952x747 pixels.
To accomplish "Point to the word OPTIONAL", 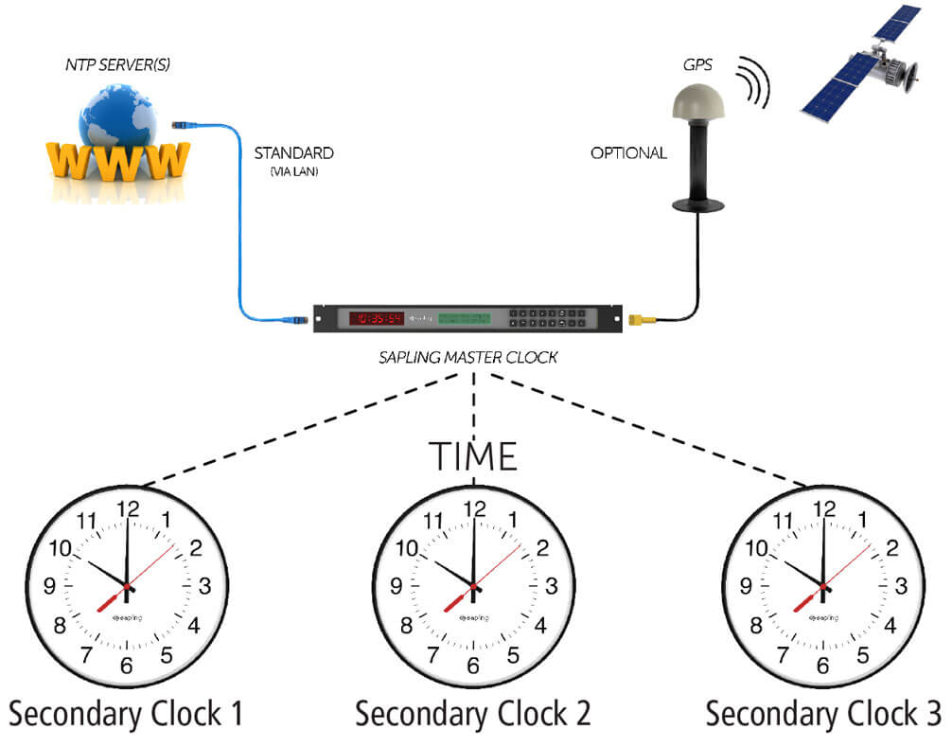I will pos(628,152).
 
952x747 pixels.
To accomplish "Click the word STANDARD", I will pos(293,152).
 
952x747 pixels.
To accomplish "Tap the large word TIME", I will pos(474,456).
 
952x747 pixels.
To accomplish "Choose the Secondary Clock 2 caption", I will pos(473,713).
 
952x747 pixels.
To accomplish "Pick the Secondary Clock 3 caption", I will pos(824,713).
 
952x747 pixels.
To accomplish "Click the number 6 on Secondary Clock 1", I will pos(126,666).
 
